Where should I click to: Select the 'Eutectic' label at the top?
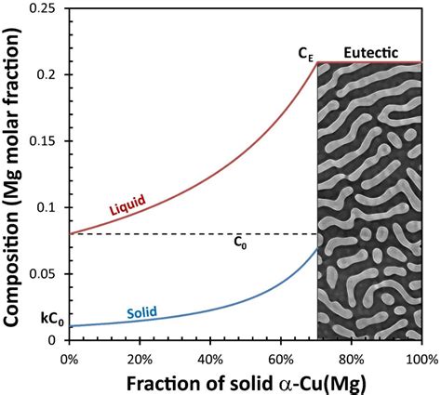(372, 54)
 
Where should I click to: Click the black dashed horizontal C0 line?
(186, 233)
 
